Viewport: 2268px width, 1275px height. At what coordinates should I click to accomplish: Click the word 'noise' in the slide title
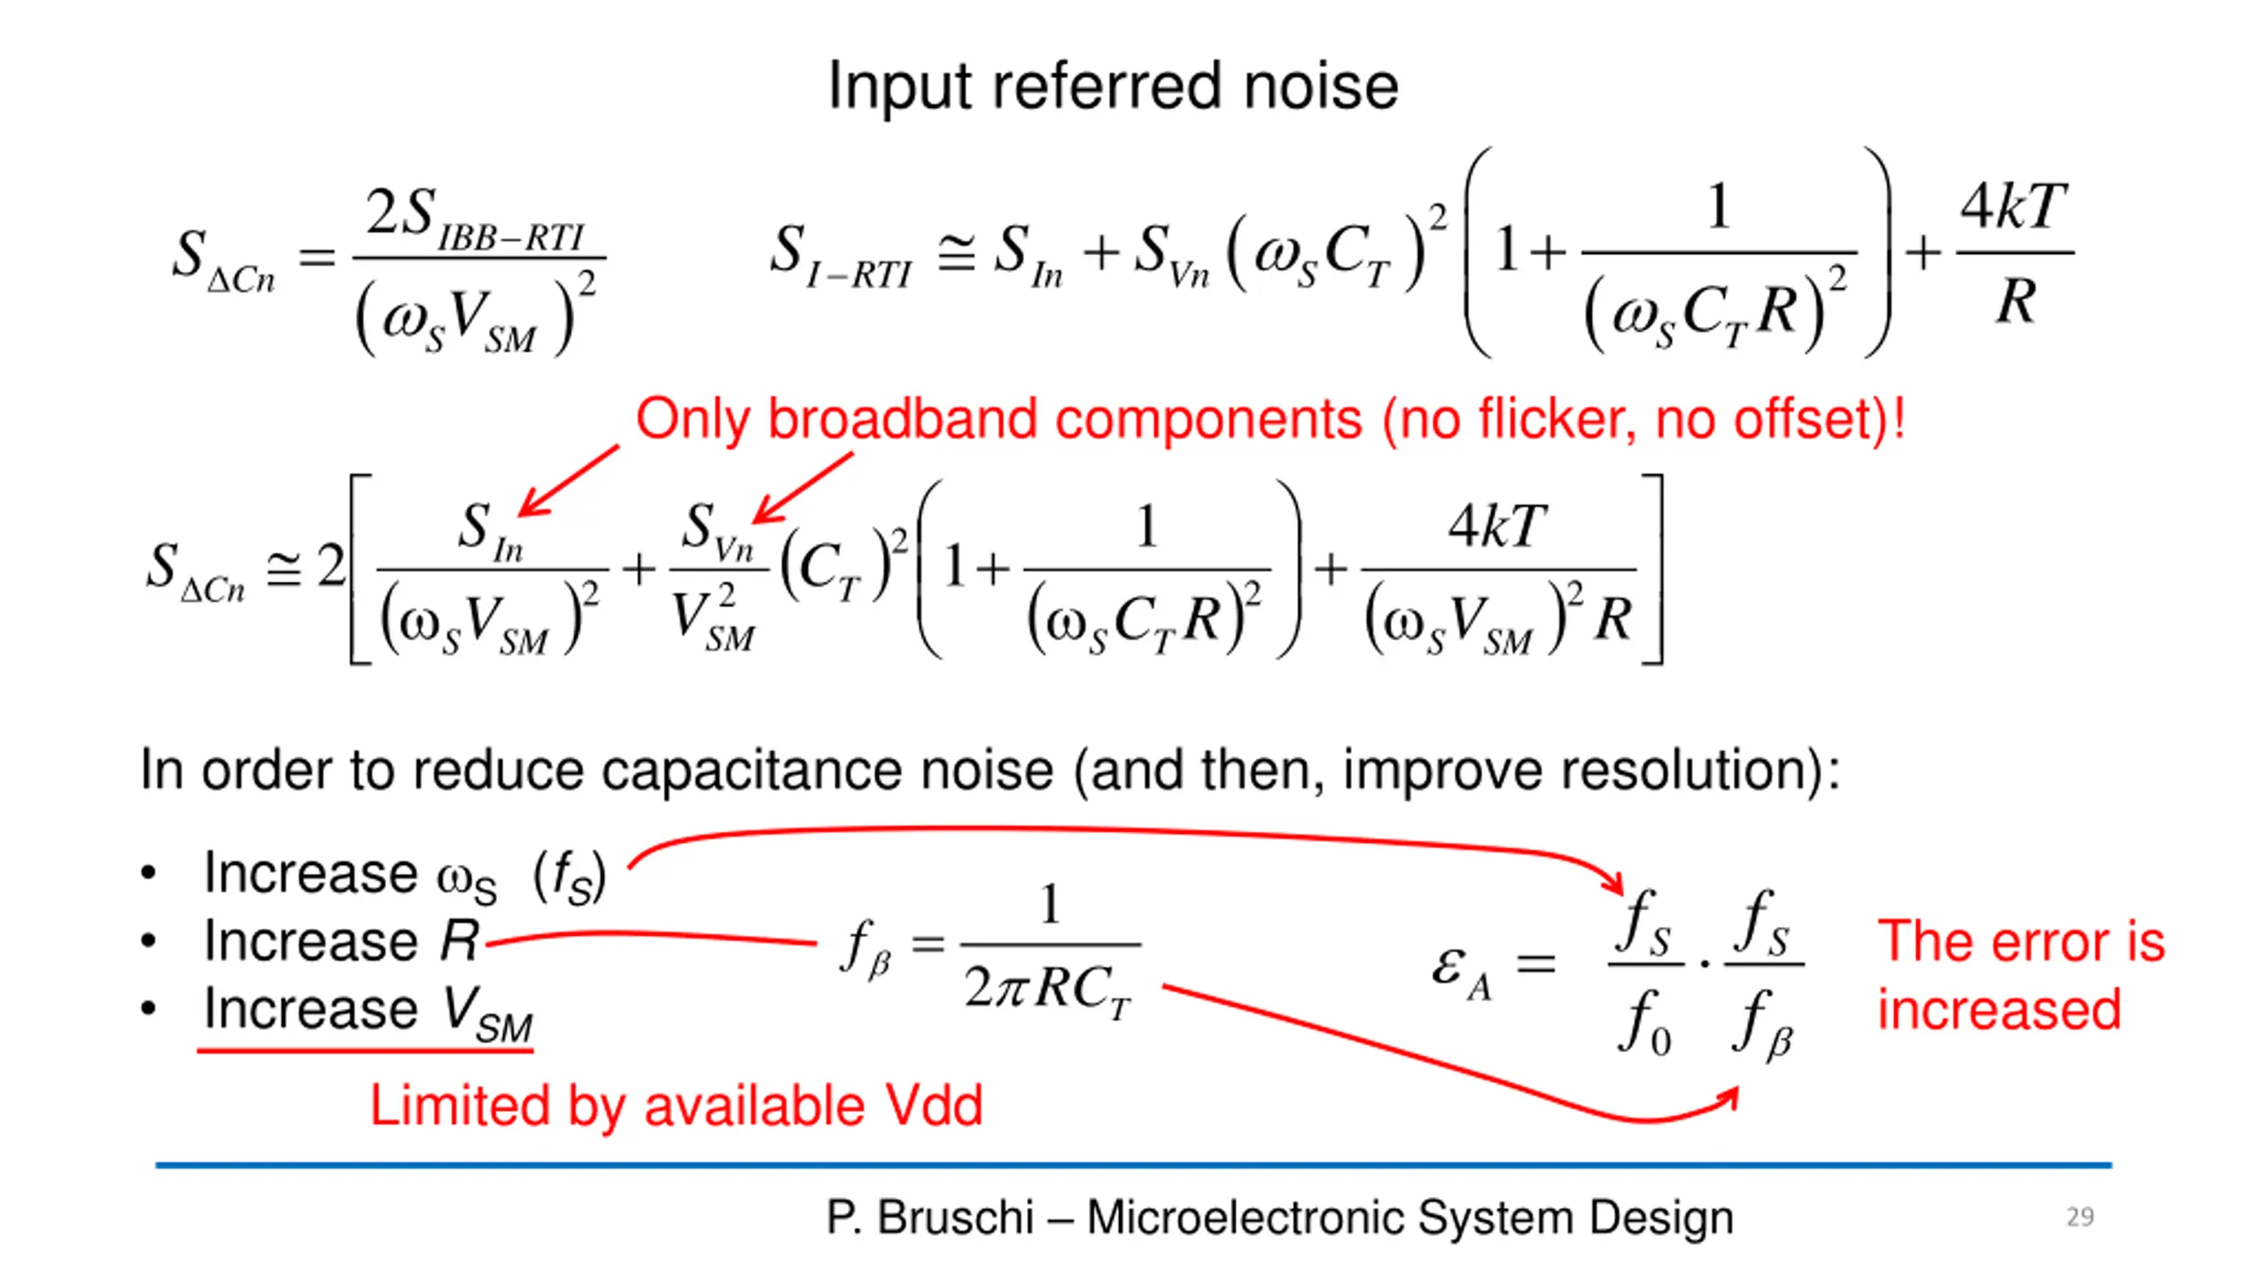click(x=1321, y=86)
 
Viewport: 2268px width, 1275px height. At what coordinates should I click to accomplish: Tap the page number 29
click(x=2080, y=1217)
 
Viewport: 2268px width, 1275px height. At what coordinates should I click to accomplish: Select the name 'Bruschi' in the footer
click(x=956, y=1217)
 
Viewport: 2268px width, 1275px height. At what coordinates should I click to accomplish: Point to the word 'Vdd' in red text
click(x=934, y=1105)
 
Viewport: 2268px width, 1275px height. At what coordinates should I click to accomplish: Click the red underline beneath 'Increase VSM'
click(x=365, y=1050)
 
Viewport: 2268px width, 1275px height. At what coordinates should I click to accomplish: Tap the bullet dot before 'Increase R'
click(x=149, y=941)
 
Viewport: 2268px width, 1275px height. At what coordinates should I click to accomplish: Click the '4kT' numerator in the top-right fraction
click(x=2013, y=207)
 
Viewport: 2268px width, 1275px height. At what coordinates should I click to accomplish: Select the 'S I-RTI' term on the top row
click(x=841, y=255)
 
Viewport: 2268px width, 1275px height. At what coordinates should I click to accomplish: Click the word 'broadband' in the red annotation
click(x=903, y=419)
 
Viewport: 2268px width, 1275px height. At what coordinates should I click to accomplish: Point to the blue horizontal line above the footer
click(x=1134, y=1165)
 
